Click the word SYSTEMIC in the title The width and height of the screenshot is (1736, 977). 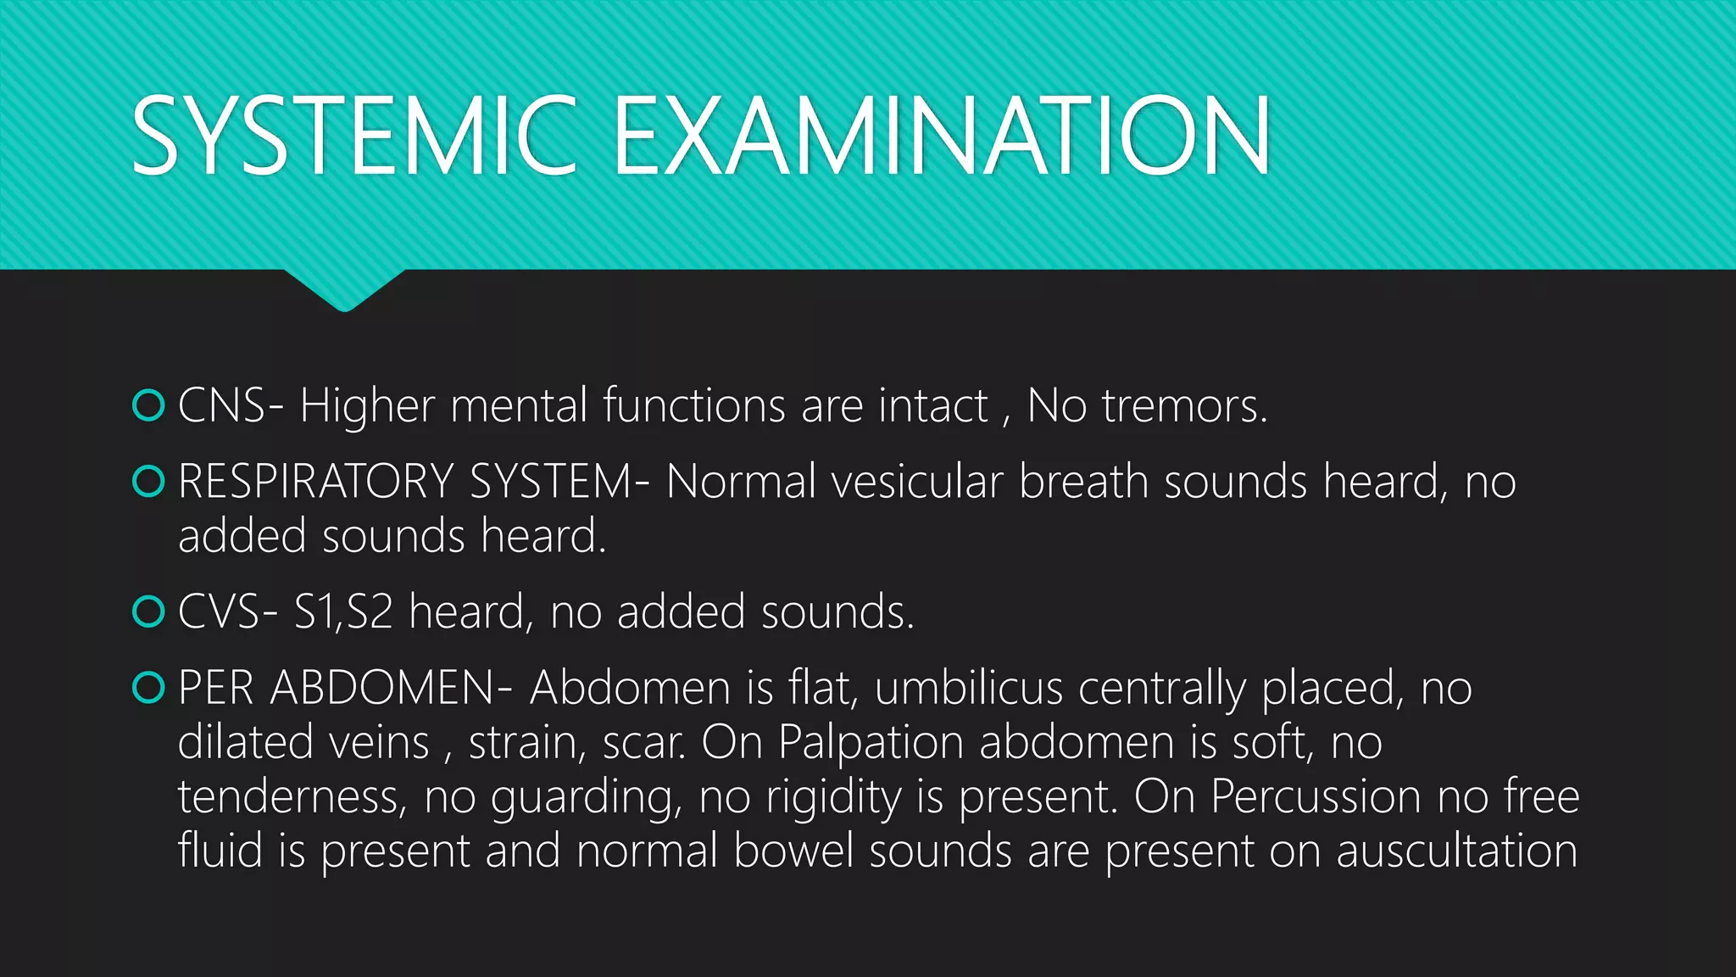click(354, 136)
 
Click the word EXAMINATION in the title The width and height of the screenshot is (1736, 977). click(941, 136)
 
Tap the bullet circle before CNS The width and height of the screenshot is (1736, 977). click(148, 405)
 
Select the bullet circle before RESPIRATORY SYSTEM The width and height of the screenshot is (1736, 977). click(148, 482)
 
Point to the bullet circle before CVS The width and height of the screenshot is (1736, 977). click(148, 611)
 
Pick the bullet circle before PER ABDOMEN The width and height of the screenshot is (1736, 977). click(148, 687)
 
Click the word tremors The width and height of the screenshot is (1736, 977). click(1184, 406)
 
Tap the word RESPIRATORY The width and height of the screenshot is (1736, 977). click(315, 482)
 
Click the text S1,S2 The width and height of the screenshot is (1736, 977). click(343, 611)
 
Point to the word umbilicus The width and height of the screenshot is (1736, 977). click(968, 687)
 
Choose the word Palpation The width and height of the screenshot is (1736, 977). click(871, 743)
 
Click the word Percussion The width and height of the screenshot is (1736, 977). click(1316, 797)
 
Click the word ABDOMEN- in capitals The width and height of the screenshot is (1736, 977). click(392, 687)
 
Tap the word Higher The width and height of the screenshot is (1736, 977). click(367, 406)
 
